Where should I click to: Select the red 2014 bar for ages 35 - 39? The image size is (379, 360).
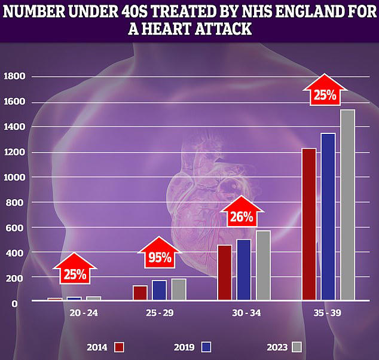pyautogui.click(x=308, y=224)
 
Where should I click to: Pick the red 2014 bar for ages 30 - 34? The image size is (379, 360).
pyautogui.click(x=225, y=272)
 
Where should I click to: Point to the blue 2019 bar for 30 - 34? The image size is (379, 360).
pyautogui.click(x=244, y=270)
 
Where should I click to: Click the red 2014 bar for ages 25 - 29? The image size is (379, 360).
pyautogui.click(x=140, y=292)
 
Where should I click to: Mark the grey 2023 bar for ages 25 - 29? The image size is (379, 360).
pyautogui.click(x=179, y=289)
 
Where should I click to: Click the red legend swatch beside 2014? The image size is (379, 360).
pyautogui.click(x=118, y=347)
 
